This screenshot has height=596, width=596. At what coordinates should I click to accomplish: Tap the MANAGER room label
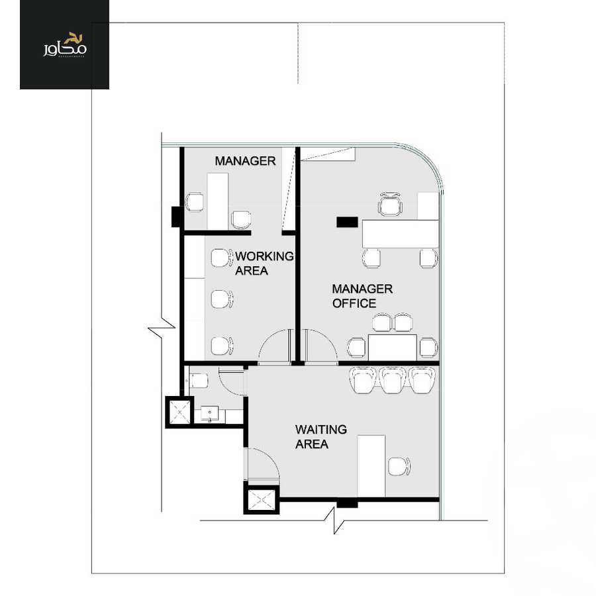point(245,161)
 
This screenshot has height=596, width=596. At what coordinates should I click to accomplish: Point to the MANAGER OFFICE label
point(362,296)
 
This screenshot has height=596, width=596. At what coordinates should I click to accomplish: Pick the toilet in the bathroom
point(198,380)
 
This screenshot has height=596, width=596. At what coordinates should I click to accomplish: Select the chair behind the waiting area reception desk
point(399,466)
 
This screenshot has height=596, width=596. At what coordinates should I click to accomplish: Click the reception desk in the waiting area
point(371,465)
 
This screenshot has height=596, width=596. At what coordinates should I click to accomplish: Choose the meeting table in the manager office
point(392,346)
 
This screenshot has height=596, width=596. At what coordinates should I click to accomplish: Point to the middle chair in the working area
point(221,299)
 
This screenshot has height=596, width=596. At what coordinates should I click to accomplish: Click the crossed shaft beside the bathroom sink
point(179,412)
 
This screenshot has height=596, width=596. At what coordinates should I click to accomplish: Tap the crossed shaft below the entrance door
point(261,499)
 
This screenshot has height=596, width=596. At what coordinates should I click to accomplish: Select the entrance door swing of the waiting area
point(263,464)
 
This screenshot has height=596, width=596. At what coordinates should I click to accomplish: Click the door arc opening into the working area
point(273,346)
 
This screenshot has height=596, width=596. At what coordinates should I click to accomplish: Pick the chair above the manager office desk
point(390,204)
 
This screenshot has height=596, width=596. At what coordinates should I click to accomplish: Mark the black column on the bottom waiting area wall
point(346,504)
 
